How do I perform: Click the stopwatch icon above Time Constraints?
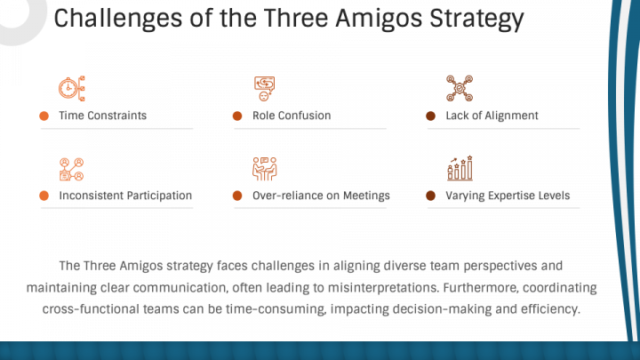(x=71, y=88)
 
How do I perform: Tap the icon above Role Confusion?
(x=265, y=88)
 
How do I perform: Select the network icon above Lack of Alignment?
(x=460, y=88)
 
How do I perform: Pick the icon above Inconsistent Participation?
(x=71, y=169)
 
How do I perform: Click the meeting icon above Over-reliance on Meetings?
(x=265, y=169)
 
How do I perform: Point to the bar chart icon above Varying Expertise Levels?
(x=460, y=168)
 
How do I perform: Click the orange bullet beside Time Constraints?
(x=44, y=116)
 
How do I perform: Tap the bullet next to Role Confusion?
(x=237, y=116)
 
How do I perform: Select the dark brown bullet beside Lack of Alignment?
(x=430, y=116)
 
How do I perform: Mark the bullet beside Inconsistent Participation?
(x=44, y=196)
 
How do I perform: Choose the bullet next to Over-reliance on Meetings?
(x=237, y=196)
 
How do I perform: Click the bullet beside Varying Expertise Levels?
(x=430, y=196)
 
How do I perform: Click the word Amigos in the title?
(x=379, y=19)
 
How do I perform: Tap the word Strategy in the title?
(x=476, y=20)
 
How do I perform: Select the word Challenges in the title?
(x=118, y=20)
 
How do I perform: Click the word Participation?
(x=159, y=196)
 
